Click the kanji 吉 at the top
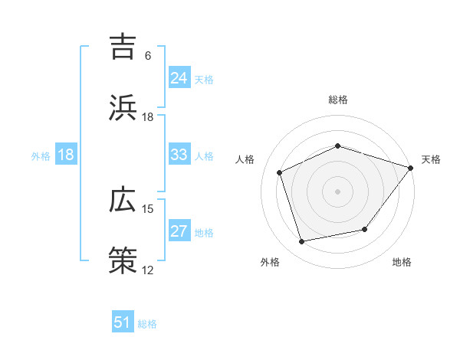coord(124,47)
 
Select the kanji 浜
coord(124,108)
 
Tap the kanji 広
coord(124,200)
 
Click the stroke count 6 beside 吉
coord(148,56)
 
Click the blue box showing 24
coord(179,77)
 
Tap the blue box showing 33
coord(179,154)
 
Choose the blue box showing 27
coord(179,231)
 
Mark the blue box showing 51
coord(123,322)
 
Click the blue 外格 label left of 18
coord(41,155)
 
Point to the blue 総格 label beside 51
coord(147,324)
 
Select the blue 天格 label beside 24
coord(204,79)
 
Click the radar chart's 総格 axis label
coord(337,100)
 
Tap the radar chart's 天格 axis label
coord(431,159)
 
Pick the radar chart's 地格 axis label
coord(402,262)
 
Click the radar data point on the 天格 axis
coord(411,168)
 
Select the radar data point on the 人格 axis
coord(280,172)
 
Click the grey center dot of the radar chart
coord(337,191)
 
